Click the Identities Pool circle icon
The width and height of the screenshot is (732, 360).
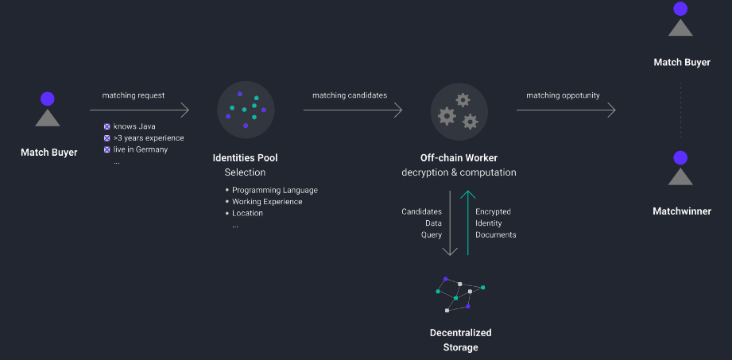(246, 110)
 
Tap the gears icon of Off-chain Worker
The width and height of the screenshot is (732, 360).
(459, 110)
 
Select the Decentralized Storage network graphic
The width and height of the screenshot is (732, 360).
(459, 293)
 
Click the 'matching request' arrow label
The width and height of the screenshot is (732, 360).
(134, 95)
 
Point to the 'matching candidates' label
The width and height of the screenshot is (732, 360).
(350, 95)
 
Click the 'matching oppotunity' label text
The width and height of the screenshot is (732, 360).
(563, 95)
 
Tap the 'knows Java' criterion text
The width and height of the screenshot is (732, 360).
(134, 126)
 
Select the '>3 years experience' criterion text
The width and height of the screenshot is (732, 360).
(149, 138)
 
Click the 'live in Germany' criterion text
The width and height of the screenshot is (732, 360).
(141, 149)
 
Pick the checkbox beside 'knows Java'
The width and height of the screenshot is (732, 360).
(107, 126)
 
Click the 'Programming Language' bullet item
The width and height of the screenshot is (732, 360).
(274, 190)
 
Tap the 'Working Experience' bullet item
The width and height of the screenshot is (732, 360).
(267, 202)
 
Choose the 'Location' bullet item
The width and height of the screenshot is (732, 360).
(247, 214)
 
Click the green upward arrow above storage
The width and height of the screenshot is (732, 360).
(468, 223)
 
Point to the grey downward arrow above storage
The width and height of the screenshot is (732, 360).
(451, 223)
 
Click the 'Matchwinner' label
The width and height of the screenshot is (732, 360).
(681, 211)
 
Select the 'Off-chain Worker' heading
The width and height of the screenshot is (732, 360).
(459, 158)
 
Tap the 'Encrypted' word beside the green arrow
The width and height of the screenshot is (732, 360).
(493, 212)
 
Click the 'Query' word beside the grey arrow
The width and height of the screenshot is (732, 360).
(431, 235)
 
